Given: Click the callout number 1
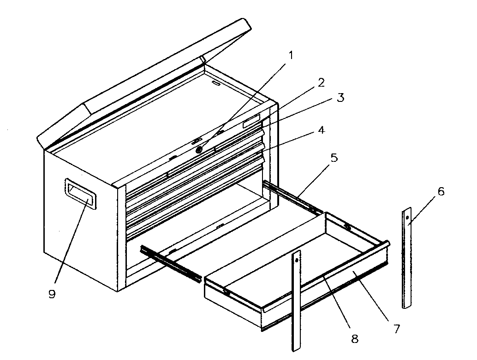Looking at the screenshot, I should pyautogui.click(x=291, y=56).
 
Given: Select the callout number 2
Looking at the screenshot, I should pyautogui.click(x=321, y=83).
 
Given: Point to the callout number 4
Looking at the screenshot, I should pyautogui.click(x=321, y=130).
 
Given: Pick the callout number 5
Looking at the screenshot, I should pyautogui.click(x=334, y=158).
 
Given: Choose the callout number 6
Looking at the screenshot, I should pyautogui.click(x=441, y=192).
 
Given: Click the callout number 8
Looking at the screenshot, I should pyautogui.click(x=354, y=339).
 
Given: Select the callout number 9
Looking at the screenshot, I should pyautogui.click(x=52, y=294).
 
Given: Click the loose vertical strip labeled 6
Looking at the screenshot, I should pyautogui.click(x=406, y=258).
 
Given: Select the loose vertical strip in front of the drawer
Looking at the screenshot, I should pyautogui.click(x=296, y=300).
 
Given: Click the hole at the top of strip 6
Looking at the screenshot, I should pyautogui.click(x=407, y=218).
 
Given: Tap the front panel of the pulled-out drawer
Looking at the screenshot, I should pyautogui.click(x=323, y=295).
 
